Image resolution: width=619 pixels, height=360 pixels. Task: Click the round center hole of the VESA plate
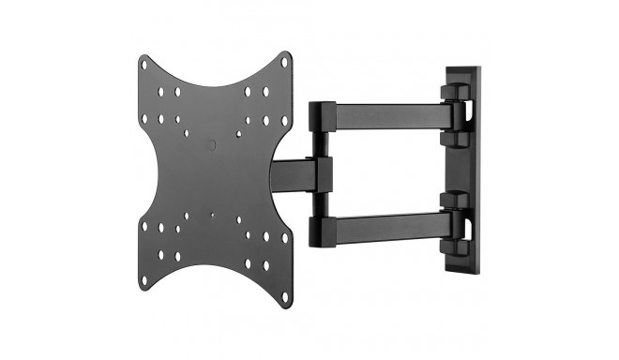(213, 145)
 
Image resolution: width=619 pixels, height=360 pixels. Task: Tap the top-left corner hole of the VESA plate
(143, 65)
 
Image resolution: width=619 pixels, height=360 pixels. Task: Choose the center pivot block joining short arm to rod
(325, 172)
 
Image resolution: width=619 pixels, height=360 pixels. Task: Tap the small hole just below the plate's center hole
(214, 215)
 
